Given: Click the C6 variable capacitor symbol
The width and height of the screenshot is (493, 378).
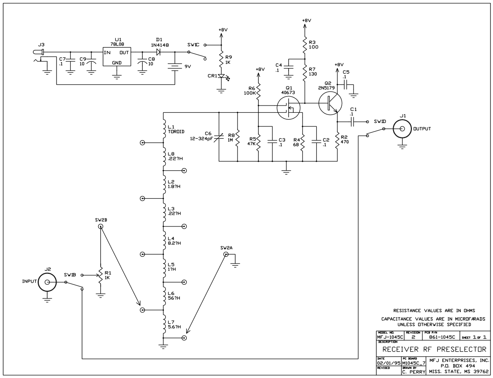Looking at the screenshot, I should click(x=218, y=136).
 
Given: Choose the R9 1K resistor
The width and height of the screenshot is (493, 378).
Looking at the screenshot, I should click(x=221, y=60).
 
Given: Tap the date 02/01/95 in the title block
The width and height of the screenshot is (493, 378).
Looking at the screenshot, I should click(x=388, y=363).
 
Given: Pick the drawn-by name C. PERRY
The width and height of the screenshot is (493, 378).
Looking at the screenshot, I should click(x=414, y=372).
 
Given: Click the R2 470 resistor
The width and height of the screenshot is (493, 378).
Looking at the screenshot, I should click(x=337, y=141).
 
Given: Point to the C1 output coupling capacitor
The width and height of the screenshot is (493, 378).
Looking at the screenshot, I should click(x=353, y=122).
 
